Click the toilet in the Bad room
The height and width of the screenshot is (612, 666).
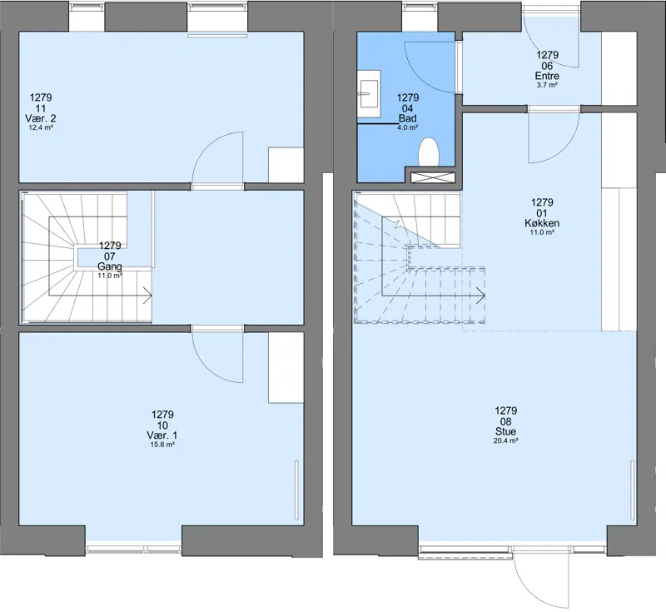[429, 152]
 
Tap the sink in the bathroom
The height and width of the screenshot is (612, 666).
[369, 94]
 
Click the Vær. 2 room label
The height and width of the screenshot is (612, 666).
[41, 118]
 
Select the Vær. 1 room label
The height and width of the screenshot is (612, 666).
[162, 435]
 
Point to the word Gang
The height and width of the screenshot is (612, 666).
[110, 266]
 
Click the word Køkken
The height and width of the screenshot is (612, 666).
[542, 223]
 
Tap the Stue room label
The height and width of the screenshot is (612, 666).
[505, 431]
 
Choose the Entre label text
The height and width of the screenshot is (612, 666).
[547, 77]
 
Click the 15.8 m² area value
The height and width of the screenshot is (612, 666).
[162, 445]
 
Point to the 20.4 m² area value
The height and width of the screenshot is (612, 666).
[505, 440]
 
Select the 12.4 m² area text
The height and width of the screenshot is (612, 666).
[41, 127]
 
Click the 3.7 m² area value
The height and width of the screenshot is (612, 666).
[547, 85]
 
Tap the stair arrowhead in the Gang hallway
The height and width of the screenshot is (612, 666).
[148, 295]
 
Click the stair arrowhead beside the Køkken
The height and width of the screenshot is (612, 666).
[481, 295]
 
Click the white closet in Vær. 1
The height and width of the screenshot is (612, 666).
[286, 367]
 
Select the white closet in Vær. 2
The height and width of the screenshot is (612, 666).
[286, 165]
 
